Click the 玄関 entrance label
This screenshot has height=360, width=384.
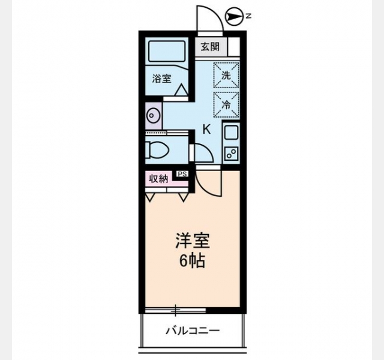(x=210, y=47)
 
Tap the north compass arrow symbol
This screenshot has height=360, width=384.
(x=234, y=17)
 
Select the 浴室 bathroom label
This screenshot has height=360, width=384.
(x=161, y=79)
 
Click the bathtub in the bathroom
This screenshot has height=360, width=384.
(x=167, y=52)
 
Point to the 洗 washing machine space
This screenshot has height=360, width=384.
(x=226, y=75)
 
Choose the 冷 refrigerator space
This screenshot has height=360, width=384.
(x=226, y=104)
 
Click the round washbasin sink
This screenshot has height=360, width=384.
(x=153, y=115)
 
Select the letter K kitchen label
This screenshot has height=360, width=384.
(x=206, y=130)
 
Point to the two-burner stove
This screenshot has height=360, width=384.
(x=231, y=153)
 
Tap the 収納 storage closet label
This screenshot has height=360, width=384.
(x=159, y=179)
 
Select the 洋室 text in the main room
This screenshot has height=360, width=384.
(x=193, y=241)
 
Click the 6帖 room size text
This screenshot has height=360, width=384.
(x=192, y=261)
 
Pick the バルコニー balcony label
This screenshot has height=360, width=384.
(x=193, y=331)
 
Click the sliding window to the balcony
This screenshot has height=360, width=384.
(x=175, y=310)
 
